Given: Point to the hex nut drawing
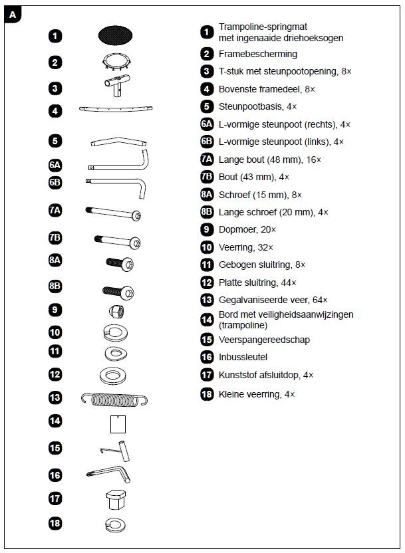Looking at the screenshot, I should coord(114,310).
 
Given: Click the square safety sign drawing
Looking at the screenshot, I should coord(117,422).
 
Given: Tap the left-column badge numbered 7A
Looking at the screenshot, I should coord(55,211).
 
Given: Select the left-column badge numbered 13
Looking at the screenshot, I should coord(55,398).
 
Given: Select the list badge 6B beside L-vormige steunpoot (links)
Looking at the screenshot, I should coord(207,142).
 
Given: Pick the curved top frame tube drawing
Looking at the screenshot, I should coord(116,110).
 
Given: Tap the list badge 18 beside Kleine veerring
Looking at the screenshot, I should coord(207,394).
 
